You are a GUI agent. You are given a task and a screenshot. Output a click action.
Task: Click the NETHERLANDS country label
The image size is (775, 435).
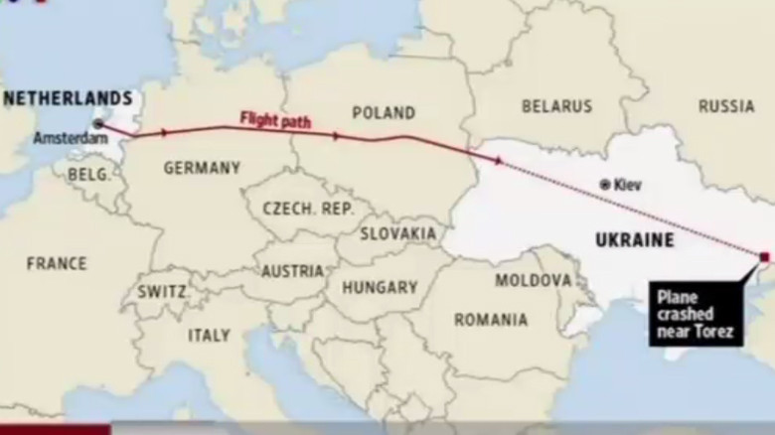[x=68, y=97]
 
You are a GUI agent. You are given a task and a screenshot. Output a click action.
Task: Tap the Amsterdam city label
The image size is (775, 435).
[x=70, y=139]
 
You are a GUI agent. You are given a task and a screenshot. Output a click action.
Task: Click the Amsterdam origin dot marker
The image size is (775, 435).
[x=99, y=125]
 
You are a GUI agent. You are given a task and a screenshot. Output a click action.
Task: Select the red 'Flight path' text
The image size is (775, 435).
[x=275, y=121]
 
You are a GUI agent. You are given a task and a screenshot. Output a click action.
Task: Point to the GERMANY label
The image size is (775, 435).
[x=202, y=168]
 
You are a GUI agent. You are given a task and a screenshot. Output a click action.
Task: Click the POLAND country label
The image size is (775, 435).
[x=384, y=113]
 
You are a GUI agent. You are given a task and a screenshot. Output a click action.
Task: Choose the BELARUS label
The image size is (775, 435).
[x=556, y=106]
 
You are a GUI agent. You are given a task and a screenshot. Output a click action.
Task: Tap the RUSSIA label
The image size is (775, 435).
[x=726, y=106]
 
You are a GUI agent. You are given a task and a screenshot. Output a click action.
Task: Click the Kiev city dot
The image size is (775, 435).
[x=605, y=185]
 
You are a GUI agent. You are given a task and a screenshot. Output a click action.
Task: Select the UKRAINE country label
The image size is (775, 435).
[x=634, y=239]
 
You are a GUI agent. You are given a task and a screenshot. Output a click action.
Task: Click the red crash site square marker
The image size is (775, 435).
[x=764, y=257]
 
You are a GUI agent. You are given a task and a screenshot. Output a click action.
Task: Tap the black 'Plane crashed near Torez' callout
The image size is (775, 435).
[x=697, y=315]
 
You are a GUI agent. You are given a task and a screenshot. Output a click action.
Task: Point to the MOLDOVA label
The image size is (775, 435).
[x=534, y=281]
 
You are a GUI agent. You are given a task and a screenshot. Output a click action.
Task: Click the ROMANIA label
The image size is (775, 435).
[x=491, y=320]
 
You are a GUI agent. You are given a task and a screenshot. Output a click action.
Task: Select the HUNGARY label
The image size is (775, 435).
[x=380, y=288]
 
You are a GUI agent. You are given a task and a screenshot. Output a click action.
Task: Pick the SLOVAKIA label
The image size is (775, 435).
[x=398, y=233]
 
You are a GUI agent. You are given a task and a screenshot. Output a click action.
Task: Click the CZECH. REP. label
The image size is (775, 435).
[x=302, y=209]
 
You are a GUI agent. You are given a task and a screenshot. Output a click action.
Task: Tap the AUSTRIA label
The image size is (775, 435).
[x=292, y=271]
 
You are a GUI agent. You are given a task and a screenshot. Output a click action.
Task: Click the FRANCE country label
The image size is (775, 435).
[x=57, y=264]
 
